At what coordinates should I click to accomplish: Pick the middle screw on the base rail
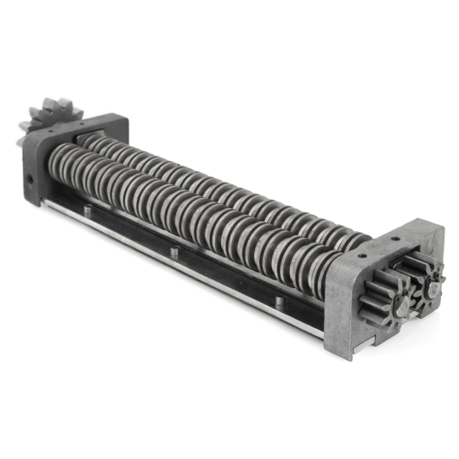174,252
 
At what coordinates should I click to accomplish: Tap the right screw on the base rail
280,302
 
